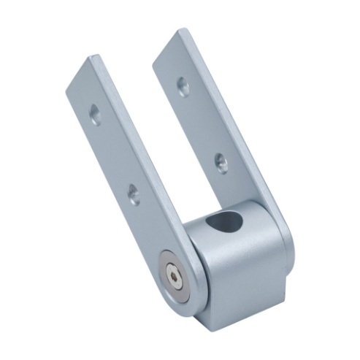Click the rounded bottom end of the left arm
pyautogui.click(x=175, y=292)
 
